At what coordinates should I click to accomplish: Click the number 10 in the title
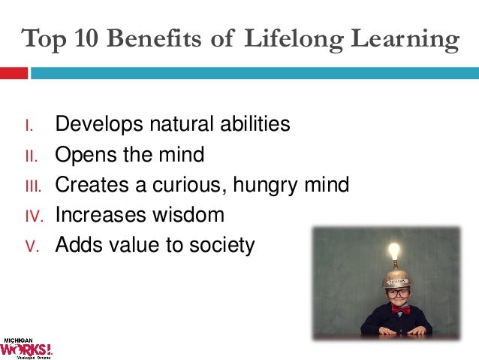85,39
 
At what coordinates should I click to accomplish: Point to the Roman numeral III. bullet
31,186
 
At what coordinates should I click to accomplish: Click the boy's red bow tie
399,308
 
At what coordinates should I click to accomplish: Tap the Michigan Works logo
27,346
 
